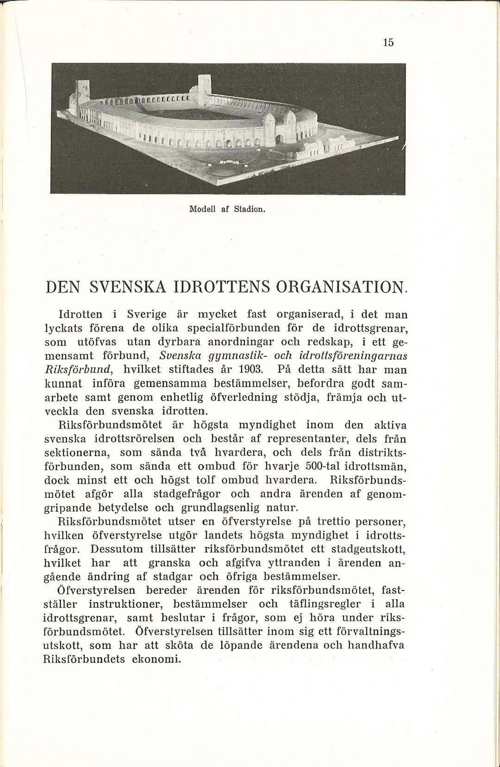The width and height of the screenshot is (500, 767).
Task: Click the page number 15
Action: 388,43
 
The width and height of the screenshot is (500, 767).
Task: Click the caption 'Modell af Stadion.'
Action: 227,209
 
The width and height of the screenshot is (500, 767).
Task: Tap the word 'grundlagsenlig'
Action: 220,508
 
